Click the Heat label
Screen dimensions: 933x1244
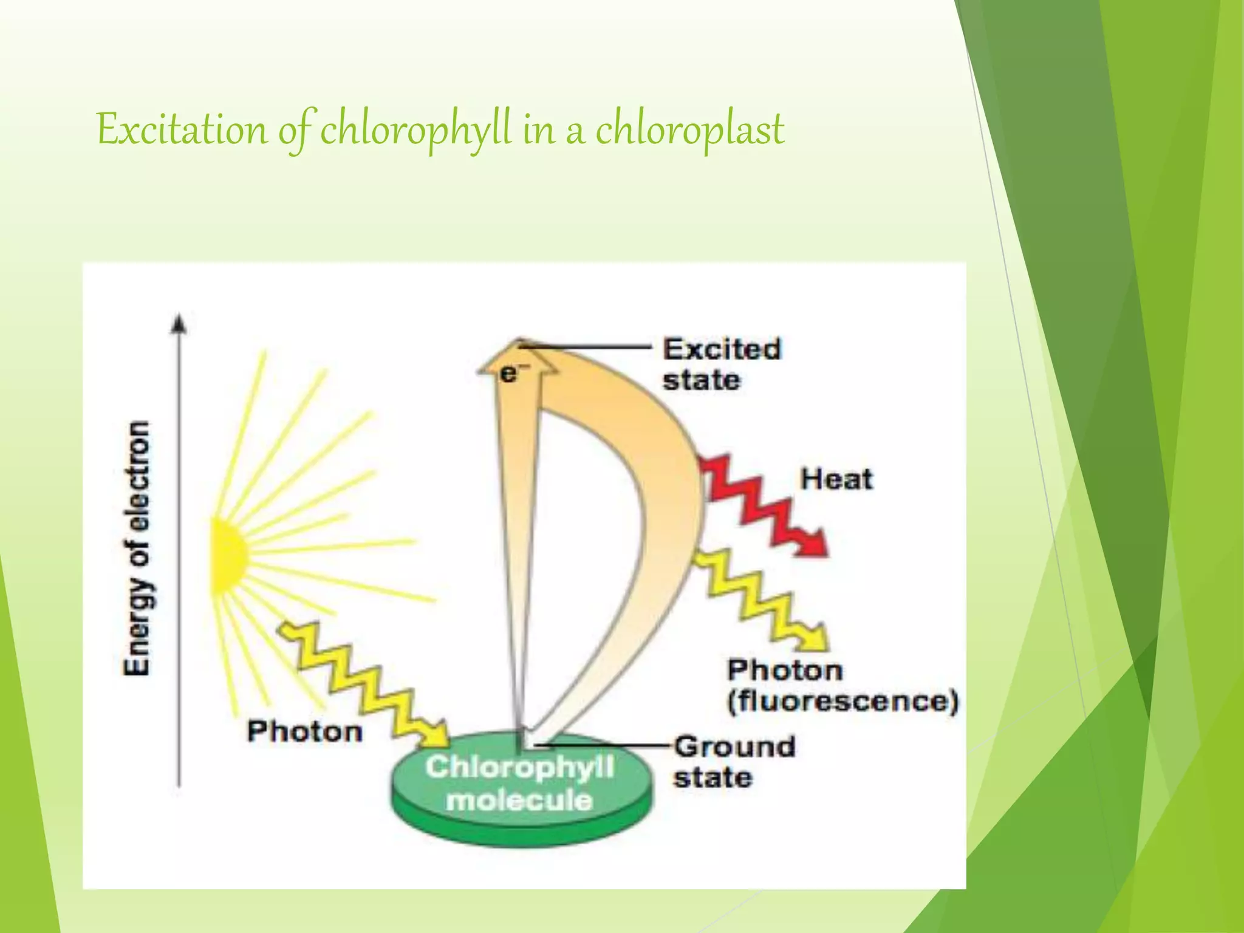(836, 479)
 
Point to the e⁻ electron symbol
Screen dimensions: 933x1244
(510, 374)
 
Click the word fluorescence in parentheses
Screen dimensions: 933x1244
(843, 702)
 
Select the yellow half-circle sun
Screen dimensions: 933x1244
(228, 554)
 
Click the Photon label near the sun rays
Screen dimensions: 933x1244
(304, 731)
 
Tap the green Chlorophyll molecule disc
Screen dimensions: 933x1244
(522, 790)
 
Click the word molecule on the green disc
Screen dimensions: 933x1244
(519, 801)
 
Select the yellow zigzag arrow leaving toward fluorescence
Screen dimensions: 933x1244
(759, 598)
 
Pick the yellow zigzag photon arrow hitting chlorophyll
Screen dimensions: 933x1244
(364, 680)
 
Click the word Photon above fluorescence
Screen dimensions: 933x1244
(785, 670)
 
